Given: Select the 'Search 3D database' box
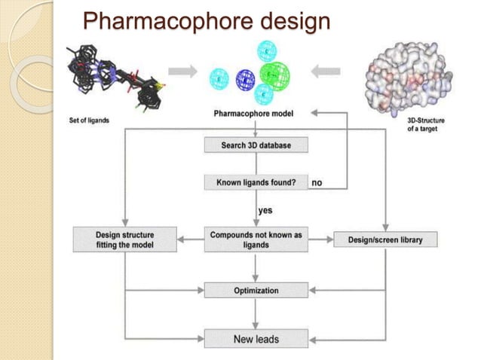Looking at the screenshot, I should (256, 145).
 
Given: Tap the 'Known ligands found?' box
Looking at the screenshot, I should (256, 182).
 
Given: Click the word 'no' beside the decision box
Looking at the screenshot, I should (317, 182).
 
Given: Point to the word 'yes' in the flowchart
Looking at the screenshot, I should (265, 210).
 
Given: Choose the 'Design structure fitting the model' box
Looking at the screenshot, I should (124, 240).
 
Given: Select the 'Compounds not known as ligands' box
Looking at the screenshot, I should (256, 240).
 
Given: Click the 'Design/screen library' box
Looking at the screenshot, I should (384, 240).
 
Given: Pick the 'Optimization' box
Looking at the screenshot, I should (256, 290).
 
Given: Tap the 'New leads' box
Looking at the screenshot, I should (256, 339).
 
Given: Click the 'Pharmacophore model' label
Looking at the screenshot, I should (256, 114).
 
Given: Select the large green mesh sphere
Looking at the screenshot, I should (280, 75).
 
